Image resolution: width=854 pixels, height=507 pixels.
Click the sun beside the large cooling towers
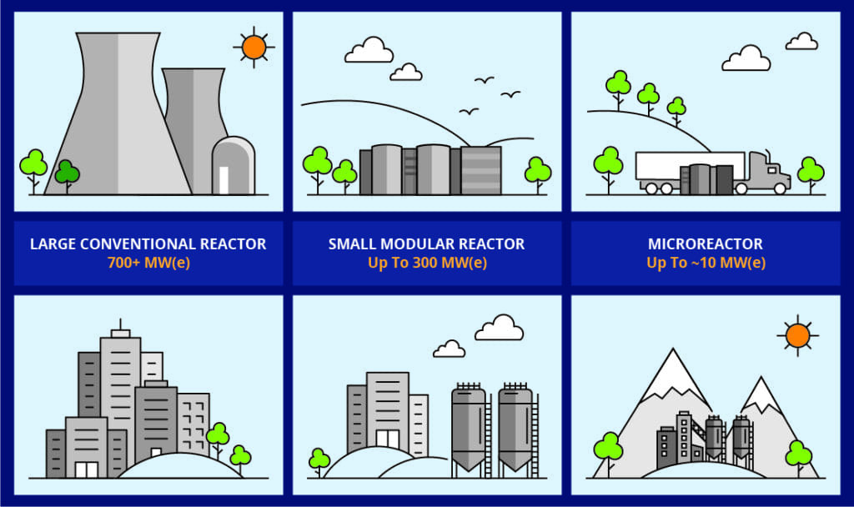pyautogui.click(x=254, y=47)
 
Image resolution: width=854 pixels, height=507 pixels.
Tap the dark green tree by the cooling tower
pyautogui.click(x=67, y=173)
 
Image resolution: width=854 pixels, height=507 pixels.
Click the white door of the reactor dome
pyautogui.click(x=224, y=180)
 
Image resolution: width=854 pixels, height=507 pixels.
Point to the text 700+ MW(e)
pyautogui.click(x=148, y=263)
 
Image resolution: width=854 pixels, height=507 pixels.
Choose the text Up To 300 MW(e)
pyautogui.click(x=428, y=263)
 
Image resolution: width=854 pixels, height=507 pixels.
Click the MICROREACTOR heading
pyautogui.click(x=706, y=244)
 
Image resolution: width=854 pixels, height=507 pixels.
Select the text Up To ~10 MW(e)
pyautogui.click(x=706, y=263)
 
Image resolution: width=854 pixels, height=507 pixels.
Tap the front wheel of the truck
pyautogui.click(x=780, y=188)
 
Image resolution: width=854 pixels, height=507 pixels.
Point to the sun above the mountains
pyautogui.click(x=798, y=335)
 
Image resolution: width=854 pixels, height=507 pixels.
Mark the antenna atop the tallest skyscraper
pyautogui.click(x=120, y=324)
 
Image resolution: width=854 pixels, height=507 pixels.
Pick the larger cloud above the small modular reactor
pyautogui.click(x=369, y=50)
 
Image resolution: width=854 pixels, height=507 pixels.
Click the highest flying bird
pyautogui.click(x=484, y=80)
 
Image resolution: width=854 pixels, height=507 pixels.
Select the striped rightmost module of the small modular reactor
pyautogui.click(x=481, y=170)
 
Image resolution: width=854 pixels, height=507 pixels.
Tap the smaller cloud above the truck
pyautogui.click(x=801, y=42)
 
